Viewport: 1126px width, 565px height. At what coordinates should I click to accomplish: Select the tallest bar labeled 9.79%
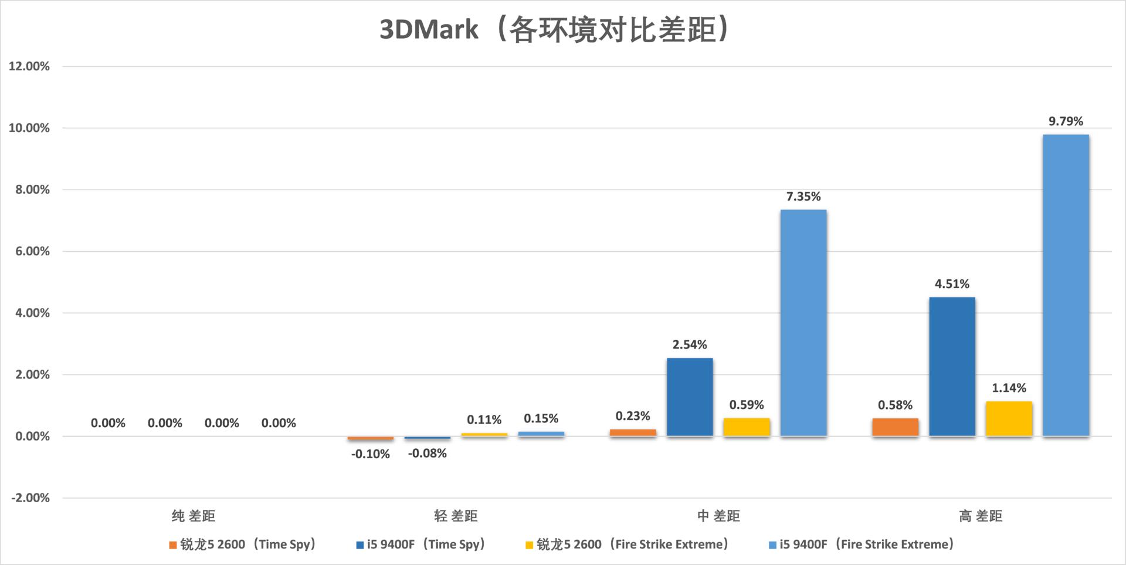coord(1066,285)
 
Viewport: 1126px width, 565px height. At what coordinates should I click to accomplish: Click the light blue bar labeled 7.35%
coord(803,323)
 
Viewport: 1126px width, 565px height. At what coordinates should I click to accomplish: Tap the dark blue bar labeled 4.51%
coord(952,367)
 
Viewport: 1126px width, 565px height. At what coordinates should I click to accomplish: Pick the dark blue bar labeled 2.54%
coord(690,397)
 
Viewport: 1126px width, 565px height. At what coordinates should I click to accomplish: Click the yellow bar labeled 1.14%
coord(1009,419)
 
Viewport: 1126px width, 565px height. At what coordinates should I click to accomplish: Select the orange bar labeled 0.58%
coord(895,427)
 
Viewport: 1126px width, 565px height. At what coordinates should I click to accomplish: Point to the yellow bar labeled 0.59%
coord(746,427)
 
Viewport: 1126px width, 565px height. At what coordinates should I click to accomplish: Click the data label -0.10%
coord(370,454)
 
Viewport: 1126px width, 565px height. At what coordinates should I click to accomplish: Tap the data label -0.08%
coord(427,454)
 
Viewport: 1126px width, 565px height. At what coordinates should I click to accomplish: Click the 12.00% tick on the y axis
coord(29,66)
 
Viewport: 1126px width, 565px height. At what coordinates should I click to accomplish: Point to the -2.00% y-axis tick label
coord(30,498)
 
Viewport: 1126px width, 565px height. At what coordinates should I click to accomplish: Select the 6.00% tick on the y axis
coord(29,252)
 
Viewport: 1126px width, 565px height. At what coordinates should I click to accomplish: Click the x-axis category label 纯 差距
coord(194,516)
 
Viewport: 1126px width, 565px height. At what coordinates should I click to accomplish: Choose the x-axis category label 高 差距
coord(981,516)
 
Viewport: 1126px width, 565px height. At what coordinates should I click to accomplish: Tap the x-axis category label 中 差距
coord(718,516)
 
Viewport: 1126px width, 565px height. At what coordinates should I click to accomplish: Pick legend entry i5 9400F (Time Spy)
coord(421,544)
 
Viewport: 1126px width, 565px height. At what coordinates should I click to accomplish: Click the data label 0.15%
coord(541,419)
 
